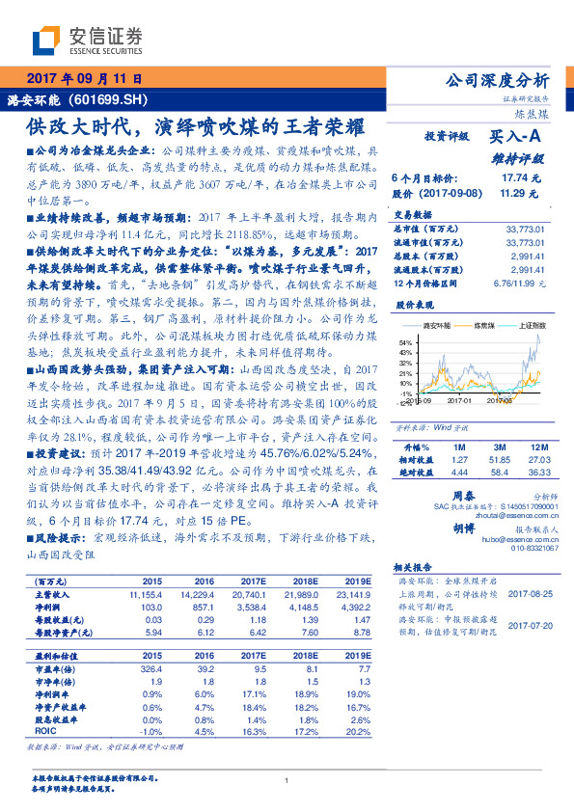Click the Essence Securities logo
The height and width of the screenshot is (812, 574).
click(x=87, y=40)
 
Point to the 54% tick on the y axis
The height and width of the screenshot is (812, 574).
click(x=404, y=342)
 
